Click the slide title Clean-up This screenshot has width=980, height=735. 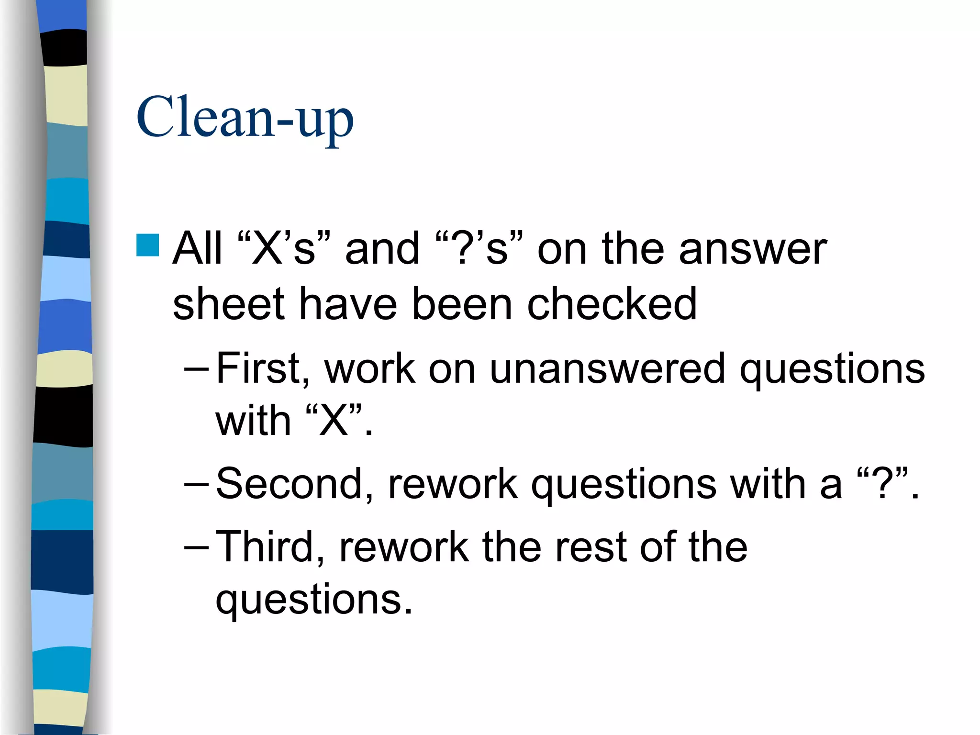coord(245,117)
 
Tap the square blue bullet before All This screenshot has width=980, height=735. coord(147,245)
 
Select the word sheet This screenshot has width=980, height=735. coord(228,304)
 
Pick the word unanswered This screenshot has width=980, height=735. coord(607,368)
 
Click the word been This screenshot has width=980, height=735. coord(462,304)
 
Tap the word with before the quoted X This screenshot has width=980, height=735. coord(253,421)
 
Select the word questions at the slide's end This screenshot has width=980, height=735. coord(313,601)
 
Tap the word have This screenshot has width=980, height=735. coord(347,304)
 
